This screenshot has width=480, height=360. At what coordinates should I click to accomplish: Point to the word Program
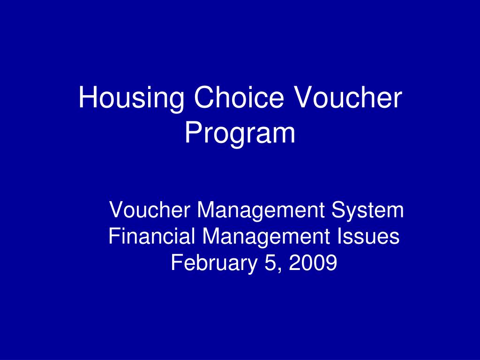pos(240,134)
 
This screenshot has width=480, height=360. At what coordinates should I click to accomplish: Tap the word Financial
pos(152,236)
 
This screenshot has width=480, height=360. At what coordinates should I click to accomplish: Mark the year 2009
pos(313,263)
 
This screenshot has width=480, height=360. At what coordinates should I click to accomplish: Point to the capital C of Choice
pos(202,98)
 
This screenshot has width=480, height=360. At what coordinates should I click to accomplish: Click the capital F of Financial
pos(113,236)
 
